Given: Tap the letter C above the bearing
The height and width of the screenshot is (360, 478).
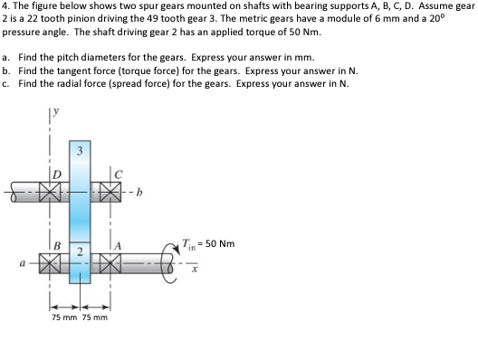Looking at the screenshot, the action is point(114,173).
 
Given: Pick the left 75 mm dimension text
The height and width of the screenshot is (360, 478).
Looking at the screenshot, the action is point(63,317).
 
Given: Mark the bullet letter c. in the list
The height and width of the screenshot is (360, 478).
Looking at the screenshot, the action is point(6,84).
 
